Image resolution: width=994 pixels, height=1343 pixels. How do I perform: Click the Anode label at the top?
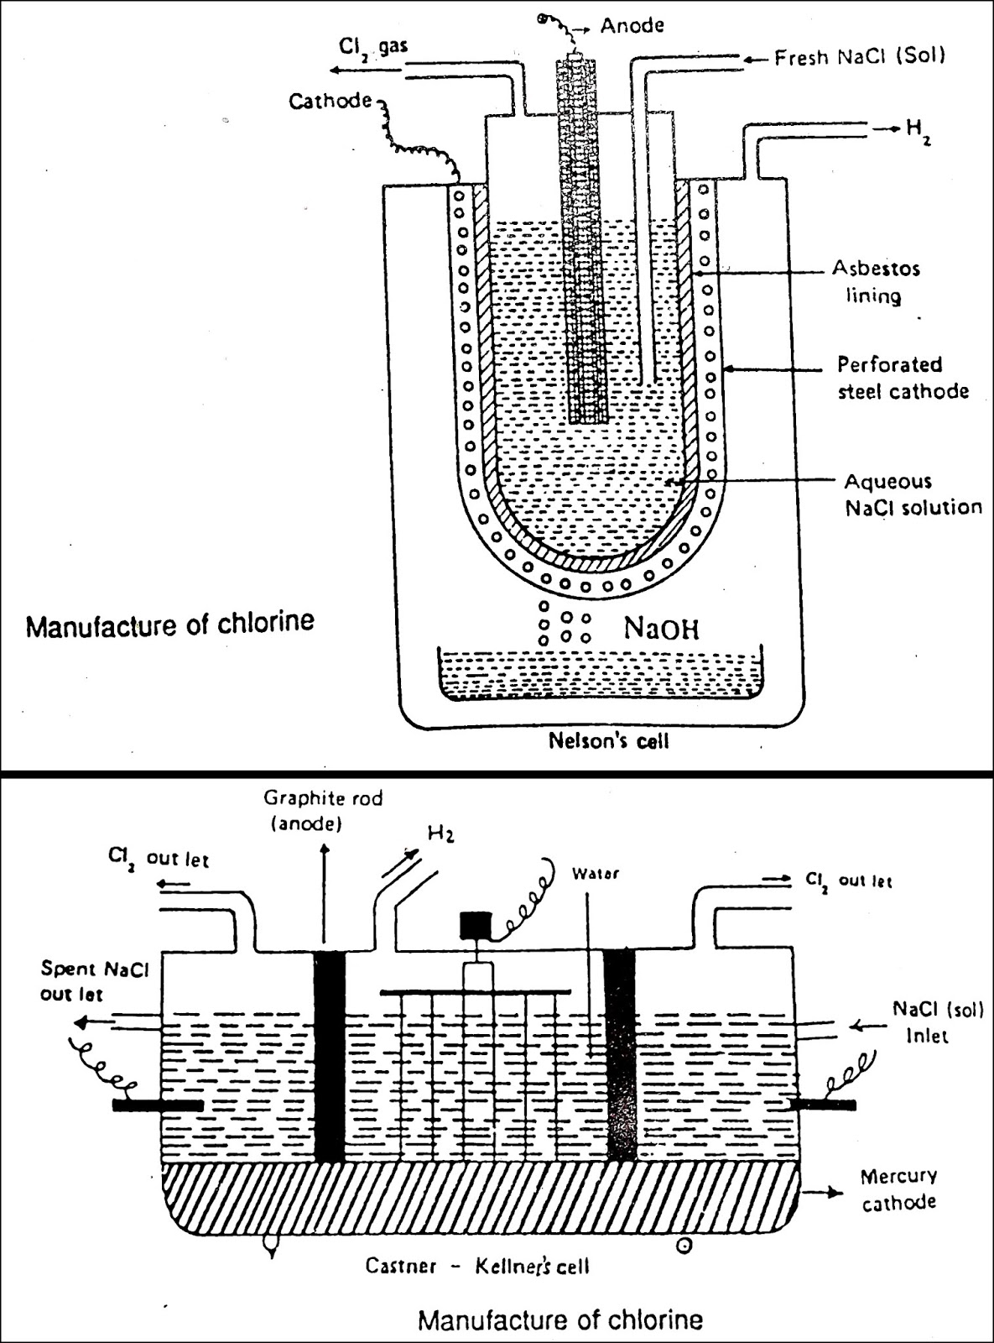[632, 25]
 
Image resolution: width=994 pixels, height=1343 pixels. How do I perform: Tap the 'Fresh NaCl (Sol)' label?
[859, 57]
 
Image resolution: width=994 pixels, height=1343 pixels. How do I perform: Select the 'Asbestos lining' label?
[875, 282]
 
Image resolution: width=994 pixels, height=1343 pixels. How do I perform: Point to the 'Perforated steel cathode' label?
[903, 378]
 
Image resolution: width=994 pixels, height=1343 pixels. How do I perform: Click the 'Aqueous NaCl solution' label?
[912, 494]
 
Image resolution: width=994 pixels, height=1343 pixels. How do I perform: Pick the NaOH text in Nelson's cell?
[661, 629]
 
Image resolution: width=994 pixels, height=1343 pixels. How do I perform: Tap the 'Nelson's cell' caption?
[608, 740]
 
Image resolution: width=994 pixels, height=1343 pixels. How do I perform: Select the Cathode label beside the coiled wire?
[330, 102]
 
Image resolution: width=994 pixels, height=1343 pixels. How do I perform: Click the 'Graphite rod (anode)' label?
[322, 810]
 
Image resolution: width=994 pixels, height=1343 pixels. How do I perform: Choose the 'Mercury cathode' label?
[898, 1189]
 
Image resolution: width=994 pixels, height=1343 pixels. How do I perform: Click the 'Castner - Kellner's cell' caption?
[476, 1264]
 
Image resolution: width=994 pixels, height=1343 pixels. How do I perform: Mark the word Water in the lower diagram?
[595, 873]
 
